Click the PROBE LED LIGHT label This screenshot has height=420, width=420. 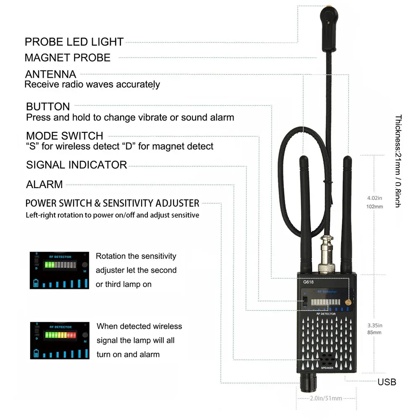click(x=74, y=42)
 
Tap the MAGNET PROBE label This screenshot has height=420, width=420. click(x=68, y=58)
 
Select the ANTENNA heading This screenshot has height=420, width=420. click(x=50, y=74)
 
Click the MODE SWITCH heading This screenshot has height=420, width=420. click(x=64, y=136)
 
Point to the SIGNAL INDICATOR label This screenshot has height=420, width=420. click(x=76, y=165)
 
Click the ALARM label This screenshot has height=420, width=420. click(x=44, y=184)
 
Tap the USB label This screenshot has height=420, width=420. click(x=386, y=382)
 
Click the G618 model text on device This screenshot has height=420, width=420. click(x=309, y=282)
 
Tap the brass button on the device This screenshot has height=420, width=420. click(x=347, y=302)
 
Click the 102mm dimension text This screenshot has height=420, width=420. click(x=375, y=207)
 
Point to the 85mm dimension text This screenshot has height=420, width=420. click(x=374, y=333)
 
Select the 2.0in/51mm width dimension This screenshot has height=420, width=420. click(x=325, y=398)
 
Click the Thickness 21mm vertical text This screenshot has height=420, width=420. click(x=398, y=161)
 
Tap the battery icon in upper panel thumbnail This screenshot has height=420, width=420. click(x=36, y=283)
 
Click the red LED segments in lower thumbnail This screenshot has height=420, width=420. click(x=71, y=335)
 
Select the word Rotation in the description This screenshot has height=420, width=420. click(x=110, y=256)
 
